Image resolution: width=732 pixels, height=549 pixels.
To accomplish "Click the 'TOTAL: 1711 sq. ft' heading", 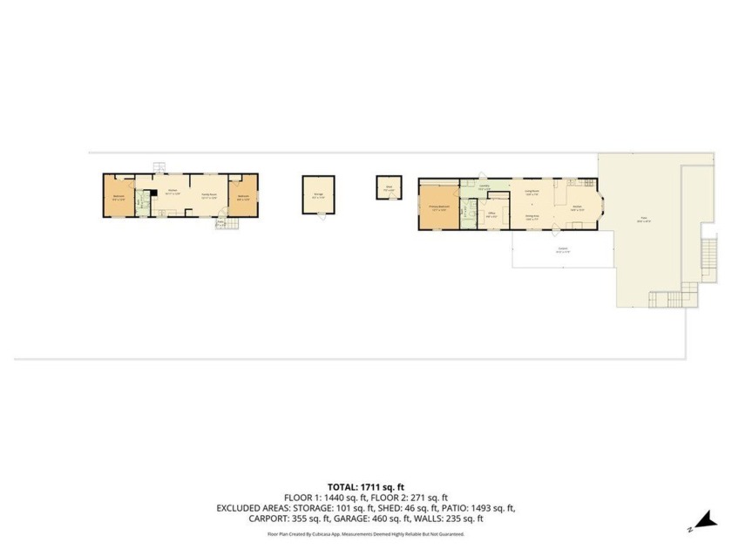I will (365, 487).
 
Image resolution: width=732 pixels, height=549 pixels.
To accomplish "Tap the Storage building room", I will (318, 196).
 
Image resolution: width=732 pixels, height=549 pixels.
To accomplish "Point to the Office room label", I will (491, 214).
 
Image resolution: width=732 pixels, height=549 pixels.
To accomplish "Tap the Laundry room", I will (484, 186).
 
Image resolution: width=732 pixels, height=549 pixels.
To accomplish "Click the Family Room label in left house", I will (209, 195).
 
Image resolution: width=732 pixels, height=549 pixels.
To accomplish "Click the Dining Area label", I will (532, 216).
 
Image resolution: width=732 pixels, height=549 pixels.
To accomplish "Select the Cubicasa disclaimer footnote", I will (365, 534).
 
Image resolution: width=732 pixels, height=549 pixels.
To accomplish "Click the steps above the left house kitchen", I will (158, 168).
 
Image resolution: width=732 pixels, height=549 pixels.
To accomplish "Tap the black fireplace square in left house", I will (150, 193).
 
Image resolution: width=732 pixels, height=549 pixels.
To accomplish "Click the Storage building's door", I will (319, 217).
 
